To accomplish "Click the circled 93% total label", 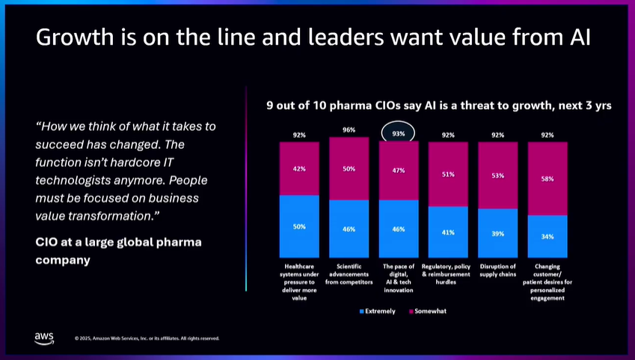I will [398, 133].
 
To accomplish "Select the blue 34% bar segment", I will [547, 237].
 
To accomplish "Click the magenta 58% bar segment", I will [547, 179].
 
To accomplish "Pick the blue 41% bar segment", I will [448, 232].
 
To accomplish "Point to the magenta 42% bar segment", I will [299, 169].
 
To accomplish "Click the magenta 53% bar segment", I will [498, 175].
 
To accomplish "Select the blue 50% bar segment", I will [299, 226].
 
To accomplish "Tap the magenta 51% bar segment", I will [448, 174].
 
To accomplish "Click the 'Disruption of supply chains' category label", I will [498, 270].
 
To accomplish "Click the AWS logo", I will [43, 338].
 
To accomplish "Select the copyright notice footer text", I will [147, 338].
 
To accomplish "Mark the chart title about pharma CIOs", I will [439, 106].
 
